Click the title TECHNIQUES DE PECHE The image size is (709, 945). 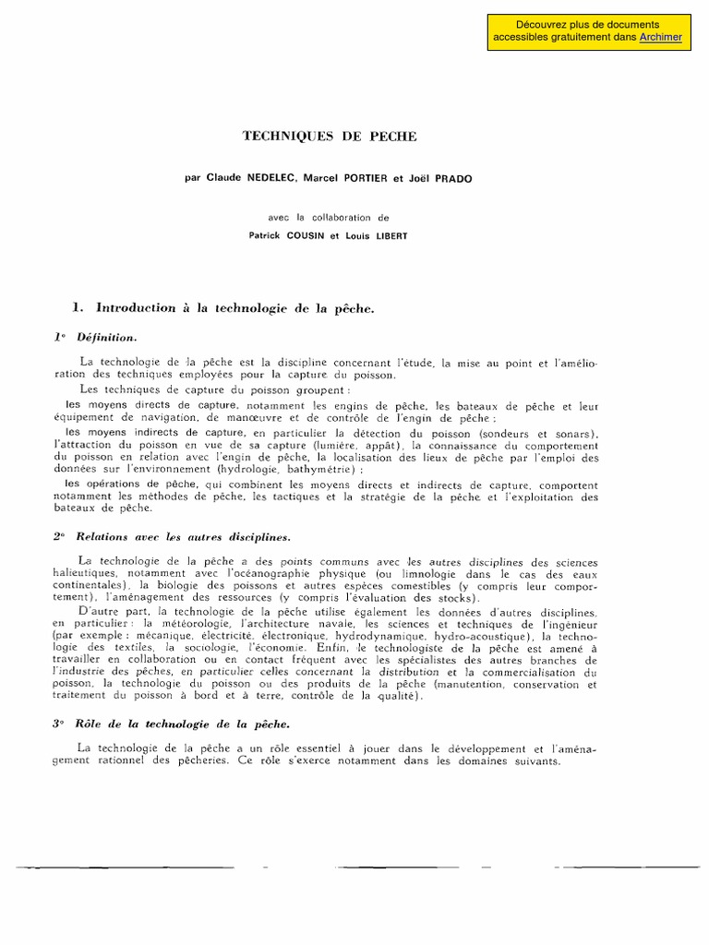click(x=330, y=137)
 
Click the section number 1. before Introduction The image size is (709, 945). click(x=78, y=308)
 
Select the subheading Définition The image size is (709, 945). click(x=109, y=338)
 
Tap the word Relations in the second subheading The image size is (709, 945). click(x=102, y=535)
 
